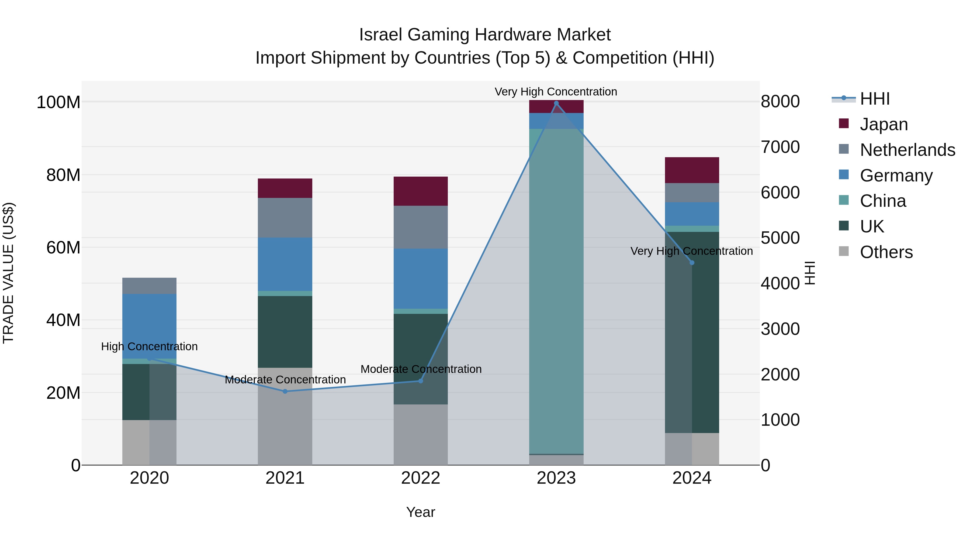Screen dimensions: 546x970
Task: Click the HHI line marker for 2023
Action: tap(556, 103)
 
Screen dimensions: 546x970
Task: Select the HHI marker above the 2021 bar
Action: tap(285, 392)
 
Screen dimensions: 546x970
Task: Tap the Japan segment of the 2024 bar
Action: tap(692, 170)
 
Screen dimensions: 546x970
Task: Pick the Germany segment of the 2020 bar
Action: tap(150, 326)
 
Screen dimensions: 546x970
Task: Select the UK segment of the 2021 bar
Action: tap(285, 332)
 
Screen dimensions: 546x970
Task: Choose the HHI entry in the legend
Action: tap(875, 99)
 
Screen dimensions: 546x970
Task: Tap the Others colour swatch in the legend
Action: tap(844, 251)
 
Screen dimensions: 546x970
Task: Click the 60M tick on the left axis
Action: tap(63, 248)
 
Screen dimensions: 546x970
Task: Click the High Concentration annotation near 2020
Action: tap(150, 346)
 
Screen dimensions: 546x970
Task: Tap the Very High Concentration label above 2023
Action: tap(556, 92)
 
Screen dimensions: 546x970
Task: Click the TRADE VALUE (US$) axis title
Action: tap(8, 273)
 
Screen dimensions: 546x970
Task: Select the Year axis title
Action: tap(421, 512)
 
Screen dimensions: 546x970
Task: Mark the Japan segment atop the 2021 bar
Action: tap(285, 188)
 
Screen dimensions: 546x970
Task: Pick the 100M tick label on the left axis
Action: tap(58, 102)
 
